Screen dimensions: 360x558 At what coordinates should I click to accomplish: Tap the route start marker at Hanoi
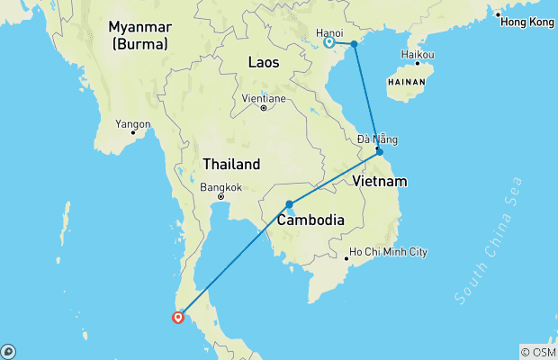point(329,41)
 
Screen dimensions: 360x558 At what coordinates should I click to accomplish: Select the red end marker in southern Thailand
point(178,316)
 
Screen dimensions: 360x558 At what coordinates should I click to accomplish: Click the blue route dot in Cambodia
point(289,204)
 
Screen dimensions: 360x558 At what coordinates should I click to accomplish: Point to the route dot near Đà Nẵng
point(379,151)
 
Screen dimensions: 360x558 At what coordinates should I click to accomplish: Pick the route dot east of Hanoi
point(355,43)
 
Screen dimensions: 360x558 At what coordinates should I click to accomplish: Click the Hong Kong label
point(528,22)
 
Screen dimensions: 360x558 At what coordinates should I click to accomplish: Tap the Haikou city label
point(418,55)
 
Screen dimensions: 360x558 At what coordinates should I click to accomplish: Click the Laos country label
point(264,63)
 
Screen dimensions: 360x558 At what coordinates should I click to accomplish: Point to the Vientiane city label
point(264,98)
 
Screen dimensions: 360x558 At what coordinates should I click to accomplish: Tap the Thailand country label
point(231,165)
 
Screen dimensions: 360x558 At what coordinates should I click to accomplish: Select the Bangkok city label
point(221,187)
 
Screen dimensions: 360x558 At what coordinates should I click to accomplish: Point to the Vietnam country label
point(381,182)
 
